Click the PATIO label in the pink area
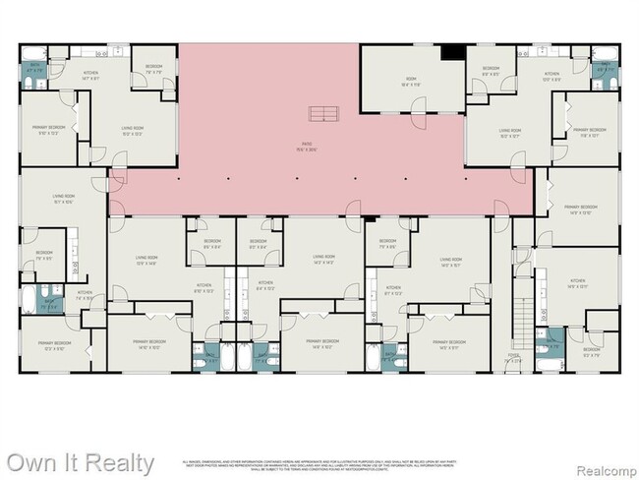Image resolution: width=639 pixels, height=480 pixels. click(x=310, y=149)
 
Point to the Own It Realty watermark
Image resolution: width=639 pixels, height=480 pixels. click(x=78, y=461)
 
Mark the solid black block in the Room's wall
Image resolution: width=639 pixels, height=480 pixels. click(x=452, y=53)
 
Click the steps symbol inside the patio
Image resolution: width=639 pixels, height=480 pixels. click(x=321, y=111)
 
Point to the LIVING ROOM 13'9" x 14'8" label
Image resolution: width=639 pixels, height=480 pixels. click(x=146, y=261)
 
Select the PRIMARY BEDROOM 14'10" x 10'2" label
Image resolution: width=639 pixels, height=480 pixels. click(x=149, y=344)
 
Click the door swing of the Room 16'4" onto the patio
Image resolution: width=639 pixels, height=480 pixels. click(x=416, y=121)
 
